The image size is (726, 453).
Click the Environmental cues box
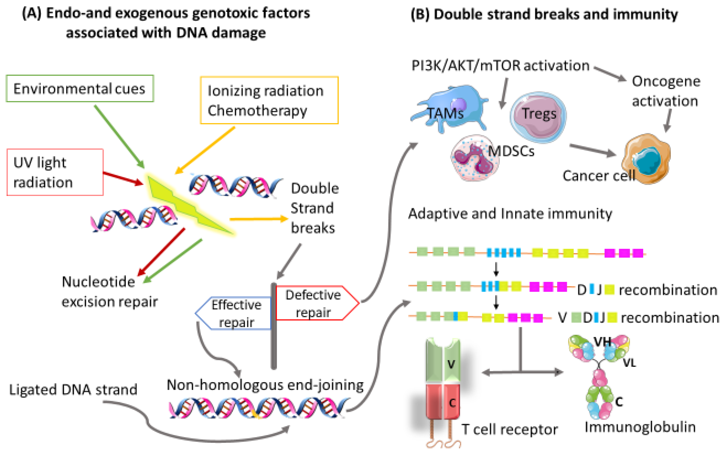79,89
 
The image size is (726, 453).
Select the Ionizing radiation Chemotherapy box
269,100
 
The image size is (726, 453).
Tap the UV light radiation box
55,172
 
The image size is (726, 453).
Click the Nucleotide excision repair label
109,291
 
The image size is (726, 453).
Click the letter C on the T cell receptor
452,403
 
